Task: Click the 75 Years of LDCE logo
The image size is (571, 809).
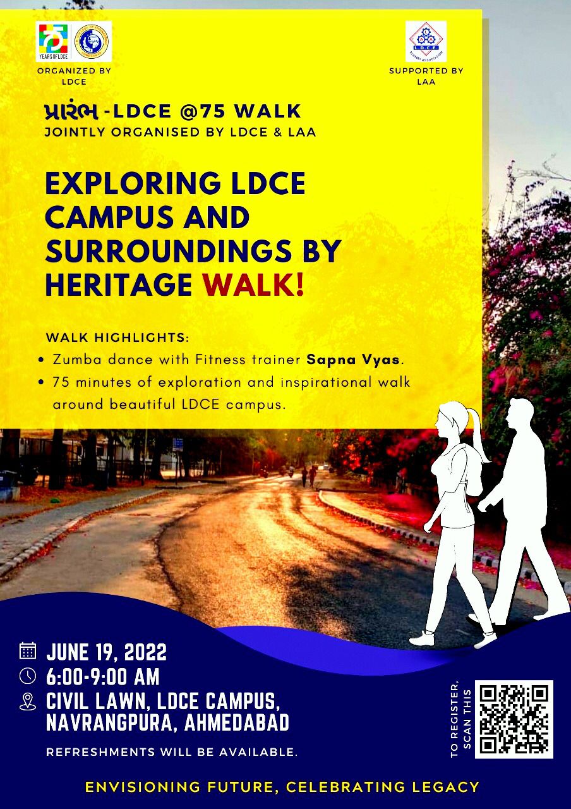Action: point(54,42)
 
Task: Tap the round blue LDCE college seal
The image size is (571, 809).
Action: point(92,42)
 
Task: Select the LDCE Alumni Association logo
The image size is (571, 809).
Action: point(426,42)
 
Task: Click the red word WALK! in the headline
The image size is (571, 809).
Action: point(253,285)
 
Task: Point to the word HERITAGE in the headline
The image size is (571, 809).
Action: point(119,285)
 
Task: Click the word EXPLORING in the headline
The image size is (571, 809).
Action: point(133,183)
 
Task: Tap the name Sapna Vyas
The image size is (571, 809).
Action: point(353,360)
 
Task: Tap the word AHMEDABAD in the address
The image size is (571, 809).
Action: point(237,722)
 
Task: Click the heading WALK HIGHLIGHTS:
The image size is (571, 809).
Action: point(117,338)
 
